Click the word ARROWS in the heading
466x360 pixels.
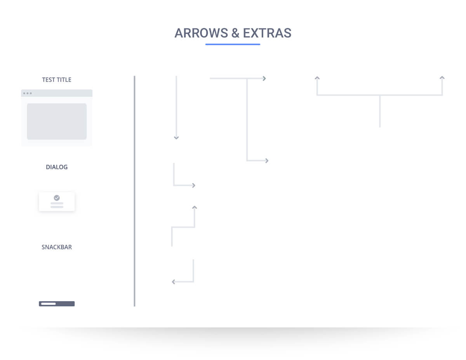pyautogui.click(x=201, y=33)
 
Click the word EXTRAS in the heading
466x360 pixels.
pyautogui.click(x=267, y=33)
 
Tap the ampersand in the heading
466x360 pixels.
pyautogui.click(x=235, y=33)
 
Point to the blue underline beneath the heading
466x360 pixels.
pyautogui.click(x=233, y=44)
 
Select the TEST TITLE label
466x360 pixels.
pyautogui.click(x=57, y=80)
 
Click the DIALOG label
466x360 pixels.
pyautogui.click(x=57, y=167)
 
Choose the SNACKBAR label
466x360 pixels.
pyautogui.click(x=57, y=247)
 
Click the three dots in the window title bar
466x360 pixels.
pyautogui.click(x=28, y=93)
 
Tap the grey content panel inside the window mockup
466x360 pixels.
pyautogui.click(x=57, y=121)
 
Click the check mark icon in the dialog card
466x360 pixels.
pyautogui.click(x=57, y=198)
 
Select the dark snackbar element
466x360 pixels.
pyautogui.click(x=57, y=304)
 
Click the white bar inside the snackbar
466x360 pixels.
pyautogui.click(x=49, y=304)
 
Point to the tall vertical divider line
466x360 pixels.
pyautogui.click(x=134, y=191)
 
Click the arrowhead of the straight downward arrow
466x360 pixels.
pyautogui.click(x=176, y=138)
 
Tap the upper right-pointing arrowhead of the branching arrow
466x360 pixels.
pyautogui.click(x=264, y=78)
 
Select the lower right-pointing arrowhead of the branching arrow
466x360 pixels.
pyautogui.click(x=267, y=161)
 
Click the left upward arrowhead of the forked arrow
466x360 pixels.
pyautogui.click(x=317, y=78)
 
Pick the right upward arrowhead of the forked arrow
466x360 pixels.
pyautogui.click(x=442, y=78)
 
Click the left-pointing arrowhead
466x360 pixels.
pyautogui.click(x=174, y=282)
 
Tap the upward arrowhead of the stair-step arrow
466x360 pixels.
pyautogui.click(x=195, y=207)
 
